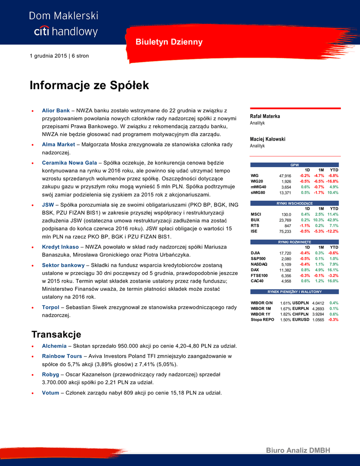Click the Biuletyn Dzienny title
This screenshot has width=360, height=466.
[x=169, y=42]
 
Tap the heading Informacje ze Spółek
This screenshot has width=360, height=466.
[x=89, y=86]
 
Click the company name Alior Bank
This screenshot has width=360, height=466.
[x=56, y=111]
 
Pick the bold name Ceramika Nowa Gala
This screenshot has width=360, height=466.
[x=69, y=162]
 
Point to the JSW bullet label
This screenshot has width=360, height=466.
[x=47, y=205]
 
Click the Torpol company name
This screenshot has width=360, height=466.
[x=51, y=307]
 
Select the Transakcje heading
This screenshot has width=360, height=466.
[x=56, y=334]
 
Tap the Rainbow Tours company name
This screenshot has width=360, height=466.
[x=62, y=356]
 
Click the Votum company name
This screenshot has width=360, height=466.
[x=50, y=393]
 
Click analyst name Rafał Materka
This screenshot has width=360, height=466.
[x=265, y=116]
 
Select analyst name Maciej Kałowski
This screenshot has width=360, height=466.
[x=268, y=139]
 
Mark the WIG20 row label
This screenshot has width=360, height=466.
[x=257, y=181]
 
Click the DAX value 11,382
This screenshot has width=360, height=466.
[x=285, y=270]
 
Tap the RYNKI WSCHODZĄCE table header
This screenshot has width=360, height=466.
[x=295, y=203]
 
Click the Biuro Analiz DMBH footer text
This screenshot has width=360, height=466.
[x=298, y=451]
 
